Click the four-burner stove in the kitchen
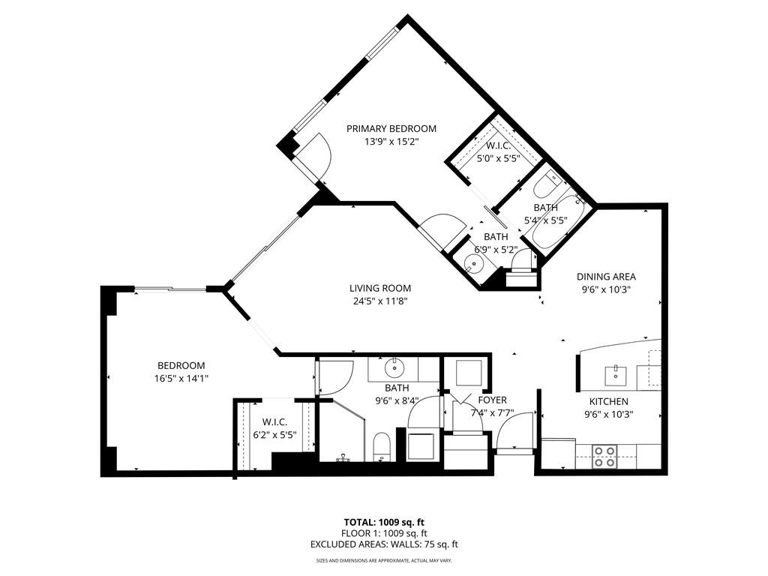(604, 456)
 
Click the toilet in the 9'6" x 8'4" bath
(381, 447)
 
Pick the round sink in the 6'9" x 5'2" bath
(472, 263)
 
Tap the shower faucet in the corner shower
(343, 455)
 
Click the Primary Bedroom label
(391, 128)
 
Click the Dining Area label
(606, 277)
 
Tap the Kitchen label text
(607, 401)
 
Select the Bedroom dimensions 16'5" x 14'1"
(181, 379)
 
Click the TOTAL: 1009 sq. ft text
(384, 522)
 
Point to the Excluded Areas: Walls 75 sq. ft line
(384, 544)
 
